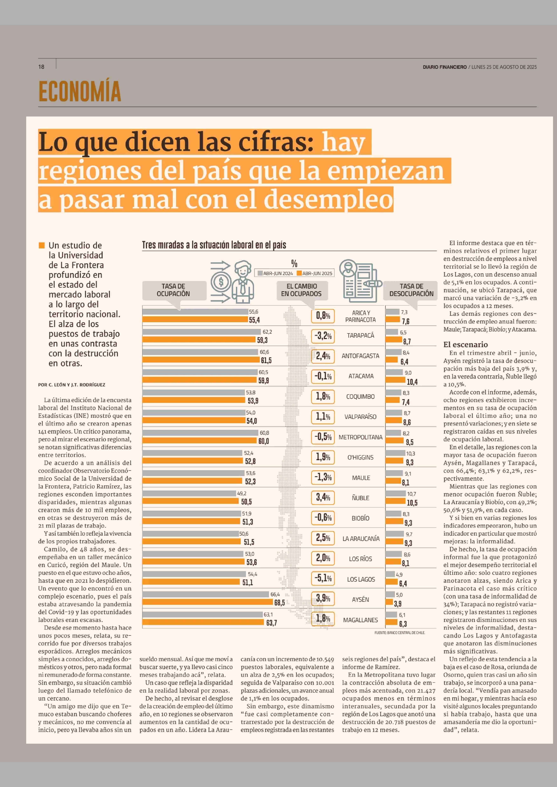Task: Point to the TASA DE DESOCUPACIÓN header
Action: (411, 290)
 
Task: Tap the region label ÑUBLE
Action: (360, 498)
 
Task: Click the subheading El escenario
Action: (465, 344)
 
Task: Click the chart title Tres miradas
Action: (214, 245)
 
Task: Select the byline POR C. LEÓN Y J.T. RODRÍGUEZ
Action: (72, 385)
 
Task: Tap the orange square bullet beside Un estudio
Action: (41, 245)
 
